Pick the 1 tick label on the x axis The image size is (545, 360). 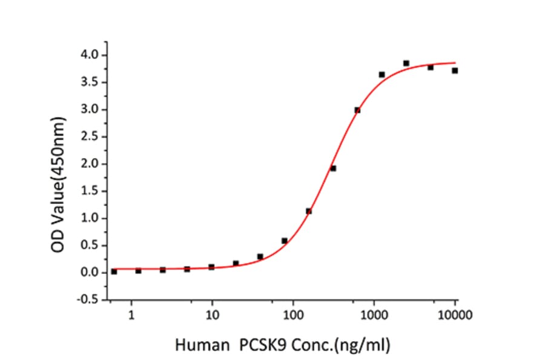(x=131, y=315)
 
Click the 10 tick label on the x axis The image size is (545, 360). (x=212, y=315)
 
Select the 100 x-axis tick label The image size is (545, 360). (x=293, y=315)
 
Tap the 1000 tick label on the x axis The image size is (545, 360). (x=374, y=315)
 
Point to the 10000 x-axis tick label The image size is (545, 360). (x=455, y=315)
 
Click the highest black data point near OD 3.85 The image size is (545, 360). (x=406, y=63)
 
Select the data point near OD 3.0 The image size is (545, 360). (x=357, y=110)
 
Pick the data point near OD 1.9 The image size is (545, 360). (x=333, y=168)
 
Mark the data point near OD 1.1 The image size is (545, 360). (x=309, y=211)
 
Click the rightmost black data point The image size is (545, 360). (x=455, y=70)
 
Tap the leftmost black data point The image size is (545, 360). (x=114, y=272)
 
